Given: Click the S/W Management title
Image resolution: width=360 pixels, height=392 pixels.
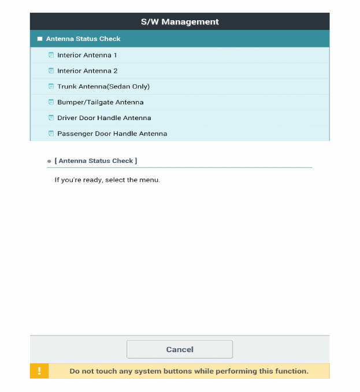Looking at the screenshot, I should coord(180,22).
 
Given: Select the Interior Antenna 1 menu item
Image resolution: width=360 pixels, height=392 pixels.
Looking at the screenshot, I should coord(87,55).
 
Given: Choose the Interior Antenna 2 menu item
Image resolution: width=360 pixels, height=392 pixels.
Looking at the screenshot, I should coord(87,71).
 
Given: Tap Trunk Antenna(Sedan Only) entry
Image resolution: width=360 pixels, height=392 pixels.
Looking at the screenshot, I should coord(103,87).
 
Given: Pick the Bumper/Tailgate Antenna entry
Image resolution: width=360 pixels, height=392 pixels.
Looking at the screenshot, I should coord(100,102).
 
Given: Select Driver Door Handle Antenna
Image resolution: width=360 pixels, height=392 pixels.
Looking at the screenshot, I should coord(104,118).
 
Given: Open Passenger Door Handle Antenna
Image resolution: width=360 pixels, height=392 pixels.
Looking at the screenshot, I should coord(112,133).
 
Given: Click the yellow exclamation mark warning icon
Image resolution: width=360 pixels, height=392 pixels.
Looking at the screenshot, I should coord(39,371).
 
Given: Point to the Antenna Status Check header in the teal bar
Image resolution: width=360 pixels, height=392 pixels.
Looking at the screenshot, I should coord(83,39).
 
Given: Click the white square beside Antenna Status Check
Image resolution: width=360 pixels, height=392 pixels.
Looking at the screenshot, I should coord(40,39).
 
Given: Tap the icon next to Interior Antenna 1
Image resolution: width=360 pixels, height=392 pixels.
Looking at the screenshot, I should coord(51,55).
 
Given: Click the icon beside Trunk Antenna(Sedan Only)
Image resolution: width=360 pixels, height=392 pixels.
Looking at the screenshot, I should coord(51,87).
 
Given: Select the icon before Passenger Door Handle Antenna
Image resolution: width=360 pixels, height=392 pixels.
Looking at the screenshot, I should coord(51,133).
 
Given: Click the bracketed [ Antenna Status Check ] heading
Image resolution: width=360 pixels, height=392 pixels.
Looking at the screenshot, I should coord(96,160).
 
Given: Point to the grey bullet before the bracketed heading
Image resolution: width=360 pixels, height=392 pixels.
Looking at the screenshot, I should coord(49,161).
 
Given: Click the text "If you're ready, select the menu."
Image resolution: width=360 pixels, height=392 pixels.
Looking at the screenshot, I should coord(107,180).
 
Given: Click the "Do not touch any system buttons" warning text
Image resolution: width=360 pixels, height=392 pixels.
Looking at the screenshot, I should coord(189,371).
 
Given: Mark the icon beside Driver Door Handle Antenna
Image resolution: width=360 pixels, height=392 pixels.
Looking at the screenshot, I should coord(51,118).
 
